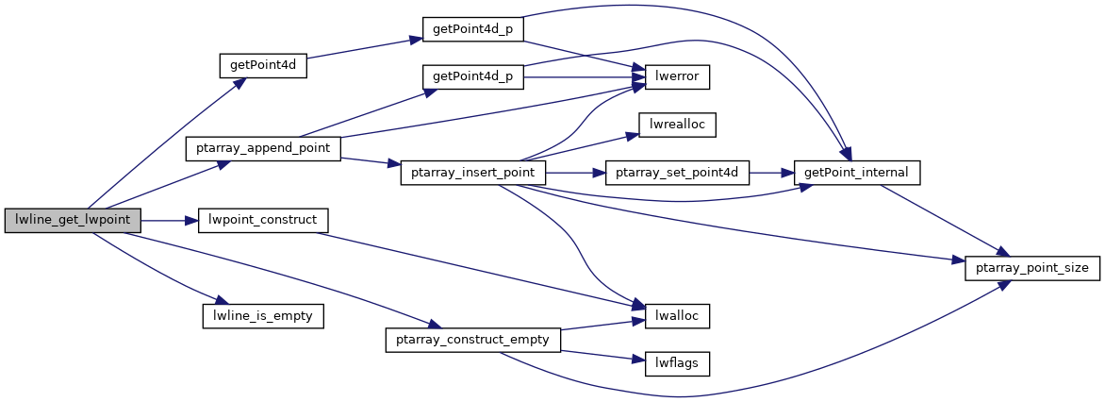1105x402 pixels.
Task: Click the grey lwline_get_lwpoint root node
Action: point(73,221)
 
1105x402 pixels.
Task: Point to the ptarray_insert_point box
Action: point(473,173)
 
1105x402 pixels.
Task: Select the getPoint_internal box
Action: point(857,173)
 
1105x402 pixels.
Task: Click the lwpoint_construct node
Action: point(262,221)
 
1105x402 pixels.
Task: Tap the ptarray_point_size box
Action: point(1031,269)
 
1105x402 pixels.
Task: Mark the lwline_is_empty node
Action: point(263,316)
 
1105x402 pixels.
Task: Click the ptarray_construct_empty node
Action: point(473,340)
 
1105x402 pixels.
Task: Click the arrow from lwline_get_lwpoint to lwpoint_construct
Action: point(170,221)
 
